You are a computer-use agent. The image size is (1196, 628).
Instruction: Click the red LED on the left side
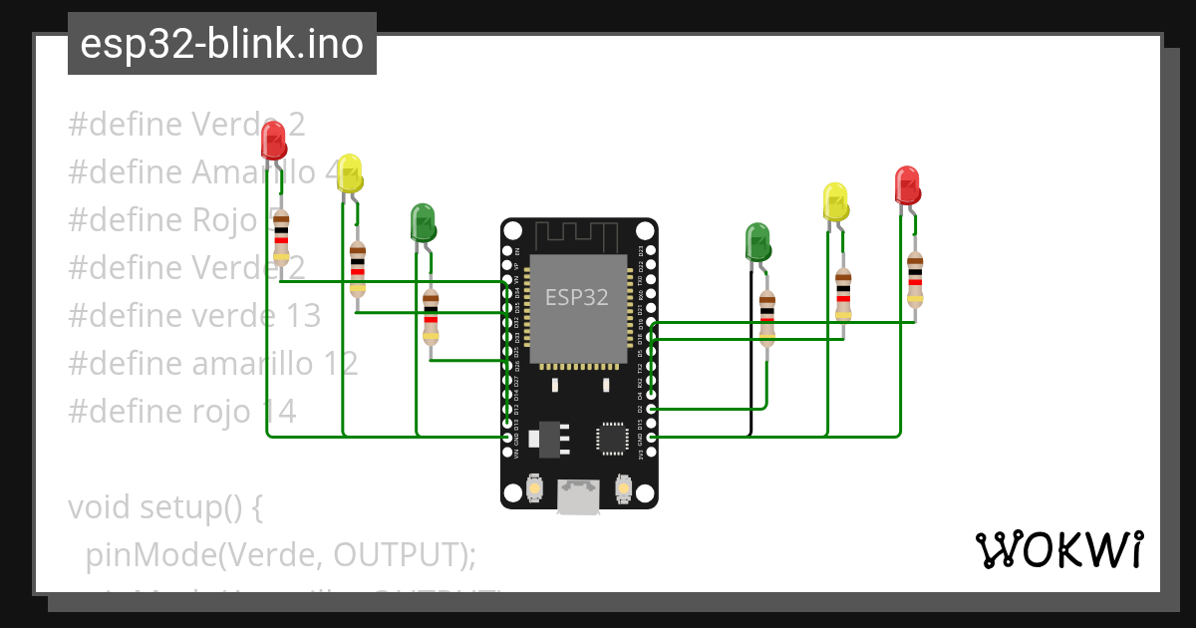point(272,141)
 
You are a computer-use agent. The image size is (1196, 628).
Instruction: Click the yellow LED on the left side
point(349,173)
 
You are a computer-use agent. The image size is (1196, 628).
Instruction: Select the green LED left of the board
point(424,222)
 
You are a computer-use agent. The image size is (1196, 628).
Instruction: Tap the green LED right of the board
point(758,242)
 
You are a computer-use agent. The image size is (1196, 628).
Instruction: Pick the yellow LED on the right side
point(835,201)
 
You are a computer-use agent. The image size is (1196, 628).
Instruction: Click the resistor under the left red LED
point(281,237)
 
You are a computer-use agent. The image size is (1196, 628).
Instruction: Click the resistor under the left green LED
point(431,316)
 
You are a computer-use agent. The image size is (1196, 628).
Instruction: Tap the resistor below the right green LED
point(766,317)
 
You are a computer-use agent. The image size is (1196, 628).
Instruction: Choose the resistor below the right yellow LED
point(843,294)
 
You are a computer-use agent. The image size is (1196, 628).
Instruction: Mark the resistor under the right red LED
point(915,278)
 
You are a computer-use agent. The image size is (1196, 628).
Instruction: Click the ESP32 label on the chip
point(576,297)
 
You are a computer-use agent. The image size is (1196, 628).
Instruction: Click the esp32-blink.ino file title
point(221,44)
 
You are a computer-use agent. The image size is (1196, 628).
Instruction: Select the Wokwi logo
point(1057,549)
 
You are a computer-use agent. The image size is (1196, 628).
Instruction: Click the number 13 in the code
point(299,315)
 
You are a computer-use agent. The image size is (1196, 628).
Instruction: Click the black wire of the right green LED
point(750,359)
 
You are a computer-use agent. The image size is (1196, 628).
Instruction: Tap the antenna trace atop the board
point(578,235)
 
